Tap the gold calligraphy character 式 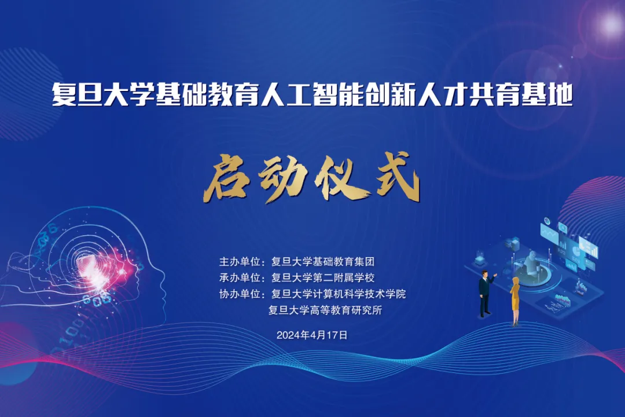(397, 178)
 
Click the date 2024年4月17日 (312, 335)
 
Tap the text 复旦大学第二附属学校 (323, 278)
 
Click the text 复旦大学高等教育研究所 (325, 310)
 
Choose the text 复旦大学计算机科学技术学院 (339, 294)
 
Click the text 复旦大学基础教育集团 (323, 262)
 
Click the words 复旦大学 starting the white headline (103, 94)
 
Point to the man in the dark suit (486, 293)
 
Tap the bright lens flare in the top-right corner (611, 24)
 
